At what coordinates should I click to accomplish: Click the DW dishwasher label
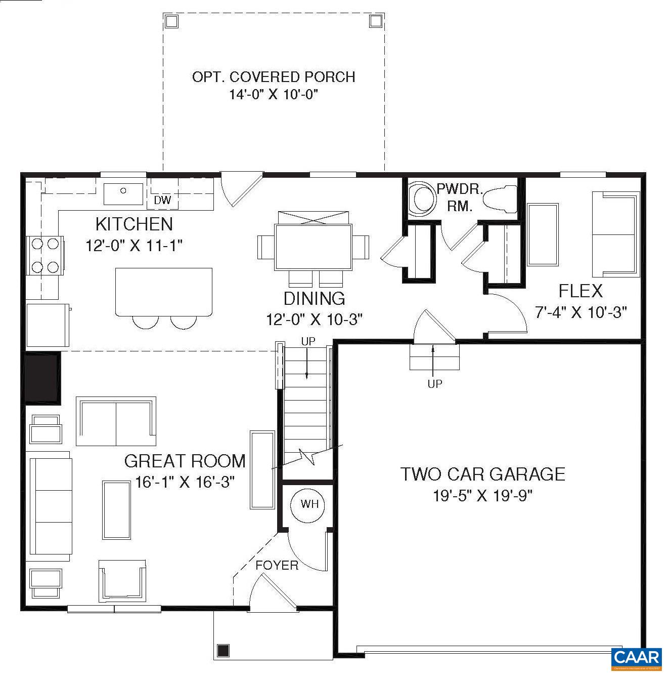coord(162,201)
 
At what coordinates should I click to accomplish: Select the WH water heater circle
coord(309,504)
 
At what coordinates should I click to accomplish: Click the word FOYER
coord(277,565)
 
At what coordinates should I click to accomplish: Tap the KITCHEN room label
coord(134,224)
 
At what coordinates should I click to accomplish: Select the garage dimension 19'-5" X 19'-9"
coord(483,496)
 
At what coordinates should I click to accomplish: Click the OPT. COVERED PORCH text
coord(274,77)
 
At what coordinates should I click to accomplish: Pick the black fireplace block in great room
coord(42,377)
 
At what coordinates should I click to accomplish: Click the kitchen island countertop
coord(163,291)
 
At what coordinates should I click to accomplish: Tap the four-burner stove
coord(45,255)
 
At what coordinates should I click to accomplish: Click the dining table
coord(314,247)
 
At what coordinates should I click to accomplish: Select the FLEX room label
coord(581,291)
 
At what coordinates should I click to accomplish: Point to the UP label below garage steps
coord(434,384)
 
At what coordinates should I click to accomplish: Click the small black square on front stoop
coord(223,650)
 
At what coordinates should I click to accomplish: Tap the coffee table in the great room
coord(117,510)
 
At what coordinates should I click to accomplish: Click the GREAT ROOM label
coord(185,461)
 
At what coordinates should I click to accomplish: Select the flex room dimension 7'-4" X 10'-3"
coord(581,312)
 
